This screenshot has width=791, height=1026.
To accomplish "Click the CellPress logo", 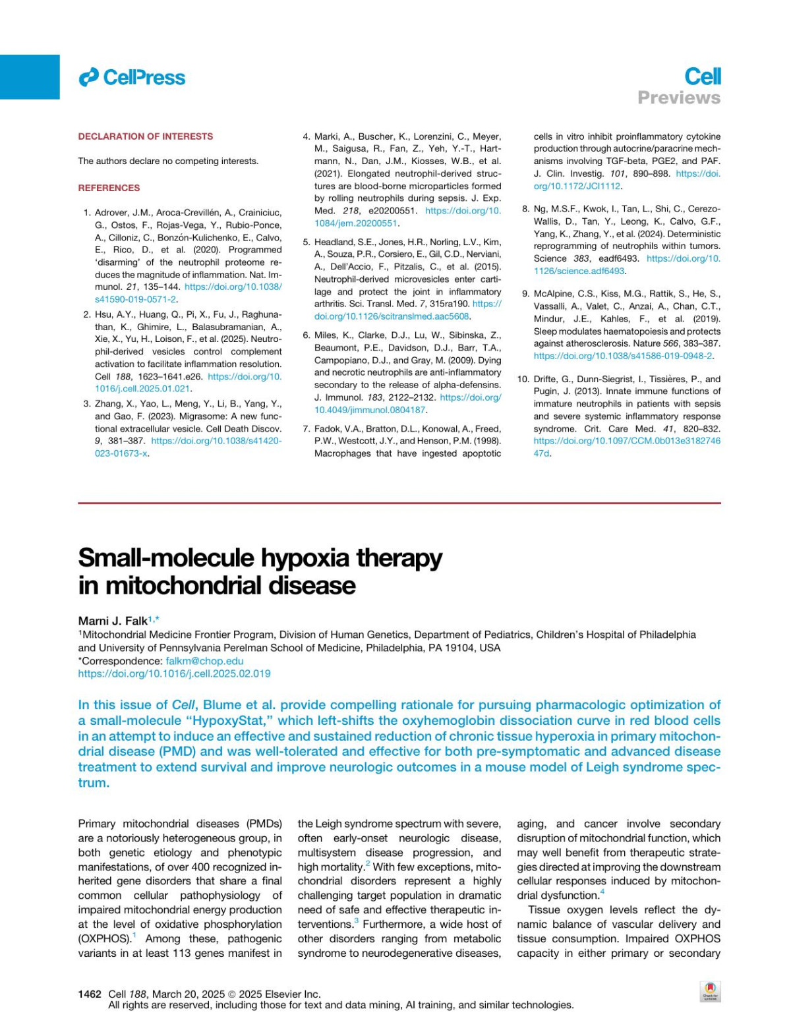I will point(132,78).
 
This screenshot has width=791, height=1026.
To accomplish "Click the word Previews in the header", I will point(678,98).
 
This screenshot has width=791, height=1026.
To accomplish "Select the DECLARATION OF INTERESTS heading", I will point(145,136).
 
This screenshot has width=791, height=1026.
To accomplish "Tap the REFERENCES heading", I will point(109,188).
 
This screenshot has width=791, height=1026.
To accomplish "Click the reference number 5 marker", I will point(307,242).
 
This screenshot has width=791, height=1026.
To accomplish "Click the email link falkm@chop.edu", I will point(204,661).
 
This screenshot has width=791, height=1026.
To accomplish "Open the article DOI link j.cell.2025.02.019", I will point(174,673).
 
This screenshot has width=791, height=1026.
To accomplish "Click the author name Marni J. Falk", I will point(113,621).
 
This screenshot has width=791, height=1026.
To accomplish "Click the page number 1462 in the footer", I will point(90,994).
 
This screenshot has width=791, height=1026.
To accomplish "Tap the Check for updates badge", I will point(710,991).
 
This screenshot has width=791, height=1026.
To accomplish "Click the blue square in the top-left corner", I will point(30,76).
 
